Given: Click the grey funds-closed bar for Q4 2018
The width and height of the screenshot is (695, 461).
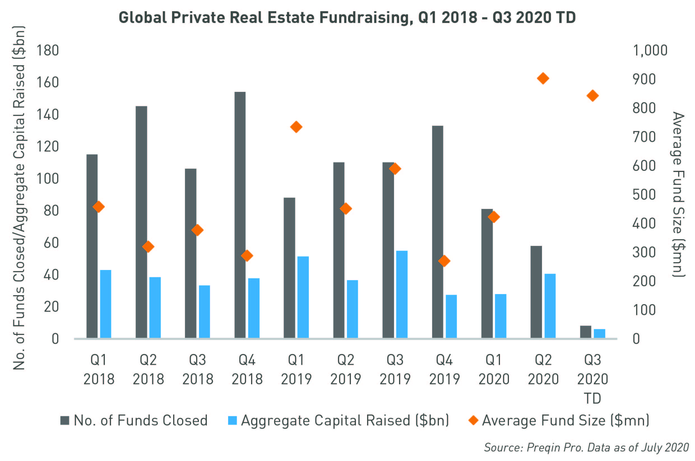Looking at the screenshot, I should (x=240, y=215).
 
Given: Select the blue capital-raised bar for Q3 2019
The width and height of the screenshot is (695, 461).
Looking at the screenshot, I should (x=402, y=294).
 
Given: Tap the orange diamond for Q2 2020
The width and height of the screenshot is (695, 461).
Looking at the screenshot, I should (x=543, y=78).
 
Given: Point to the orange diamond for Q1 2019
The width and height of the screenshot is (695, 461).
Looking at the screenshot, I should (x=296, y=127).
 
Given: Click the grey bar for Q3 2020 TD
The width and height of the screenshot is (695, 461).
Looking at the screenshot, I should (x=585, y=332).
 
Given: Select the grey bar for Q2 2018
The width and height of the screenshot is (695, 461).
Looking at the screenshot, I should (x=141, y=222).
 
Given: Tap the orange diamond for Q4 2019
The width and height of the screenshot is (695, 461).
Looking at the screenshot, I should (x=444, y=261).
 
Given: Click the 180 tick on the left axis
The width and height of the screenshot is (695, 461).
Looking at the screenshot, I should (x=47, y=51).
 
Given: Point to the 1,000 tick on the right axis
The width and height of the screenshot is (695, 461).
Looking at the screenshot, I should (x=650, y=51).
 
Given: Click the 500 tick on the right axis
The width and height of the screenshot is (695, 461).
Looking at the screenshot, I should (x=644, y=195).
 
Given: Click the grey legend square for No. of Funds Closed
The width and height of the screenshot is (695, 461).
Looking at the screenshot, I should (x=65, y=420).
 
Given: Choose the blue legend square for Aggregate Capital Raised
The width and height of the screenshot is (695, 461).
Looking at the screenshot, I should (x=232, y=420).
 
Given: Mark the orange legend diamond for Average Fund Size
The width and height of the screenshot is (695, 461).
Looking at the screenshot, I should (x=473, y=420).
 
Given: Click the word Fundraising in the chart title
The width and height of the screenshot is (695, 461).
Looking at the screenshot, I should (x=364, y=18).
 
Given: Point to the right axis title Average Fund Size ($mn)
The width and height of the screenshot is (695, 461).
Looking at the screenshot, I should (x=678, y=194).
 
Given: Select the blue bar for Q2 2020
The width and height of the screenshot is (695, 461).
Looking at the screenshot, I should (x=550, y=306).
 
